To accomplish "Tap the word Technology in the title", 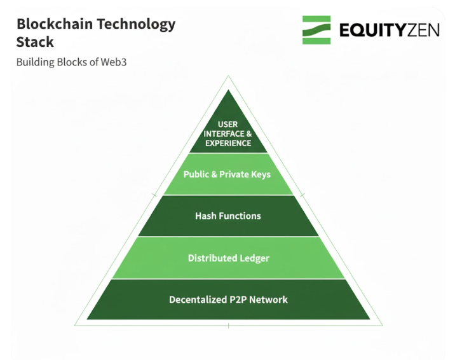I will [136, 25].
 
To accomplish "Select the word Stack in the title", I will [35, 43].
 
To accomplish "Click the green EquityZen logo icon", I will [316, 30].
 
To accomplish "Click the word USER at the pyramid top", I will [228, 124].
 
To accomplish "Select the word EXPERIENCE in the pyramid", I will [228, 143].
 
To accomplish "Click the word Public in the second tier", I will [197, 174].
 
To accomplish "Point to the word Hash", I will [206, 216].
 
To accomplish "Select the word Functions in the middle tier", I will [240, 216].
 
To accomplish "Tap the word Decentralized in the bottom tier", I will [197, 300].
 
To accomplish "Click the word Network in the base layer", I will [269, 300].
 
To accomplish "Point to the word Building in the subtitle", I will [34, 63].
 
